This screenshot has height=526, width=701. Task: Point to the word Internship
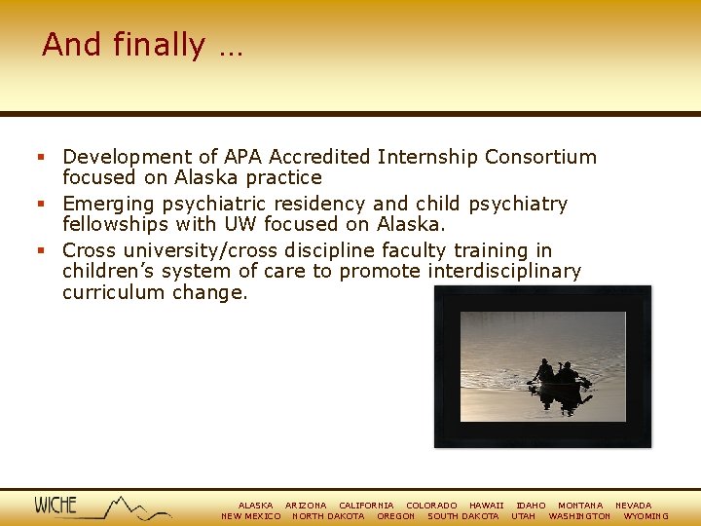coord(427,157)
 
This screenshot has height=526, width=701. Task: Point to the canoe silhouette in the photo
coord(559,381)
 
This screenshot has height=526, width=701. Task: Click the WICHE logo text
coord(55,505)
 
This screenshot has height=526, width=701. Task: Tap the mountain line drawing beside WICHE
coord(131,507)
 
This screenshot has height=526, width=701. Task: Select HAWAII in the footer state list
coord(486,506)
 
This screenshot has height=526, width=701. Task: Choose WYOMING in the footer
coord(646,516)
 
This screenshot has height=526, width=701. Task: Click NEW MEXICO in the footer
coord(251,516)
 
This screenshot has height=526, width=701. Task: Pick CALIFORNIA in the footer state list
coord(366,506)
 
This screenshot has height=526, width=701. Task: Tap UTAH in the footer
coord(523,516)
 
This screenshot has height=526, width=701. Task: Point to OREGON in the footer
coord(395,516)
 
